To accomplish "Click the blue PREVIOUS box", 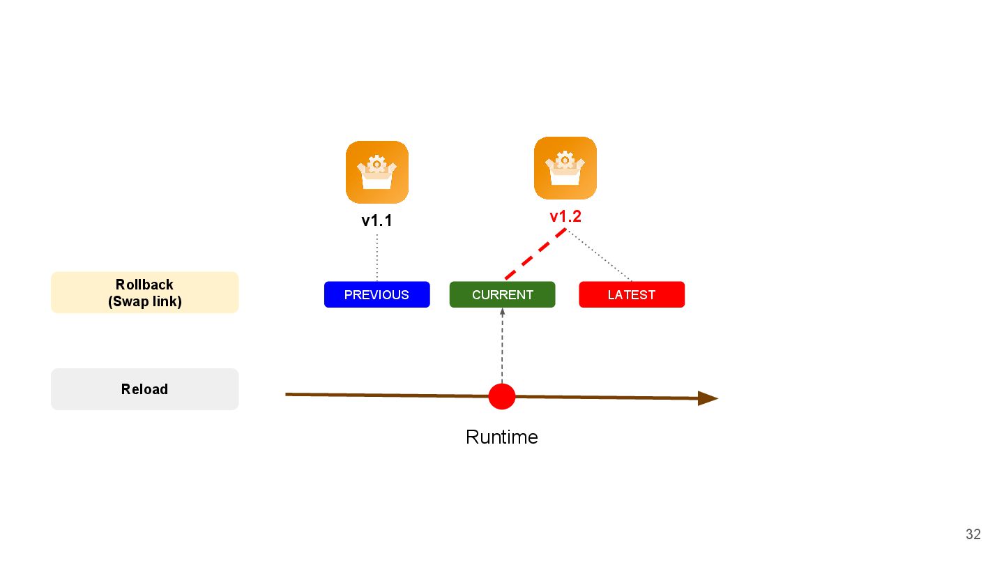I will pos(376,294).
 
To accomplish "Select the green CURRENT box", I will pos(502,294).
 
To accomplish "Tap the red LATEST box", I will pos(632,294).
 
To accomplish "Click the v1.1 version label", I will pos(376,221).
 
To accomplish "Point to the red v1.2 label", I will pos(565,216).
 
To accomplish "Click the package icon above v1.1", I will pos(376,172).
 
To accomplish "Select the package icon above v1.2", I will pos(565,167).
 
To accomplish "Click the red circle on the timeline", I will pos(502,396).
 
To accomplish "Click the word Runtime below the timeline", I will pos(502,437).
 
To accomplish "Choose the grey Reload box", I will pos(145,389).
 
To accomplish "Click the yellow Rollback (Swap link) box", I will pos(145,292).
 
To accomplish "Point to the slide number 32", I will pos(973,534).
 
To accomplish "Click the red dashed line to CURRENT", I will pos(535,254).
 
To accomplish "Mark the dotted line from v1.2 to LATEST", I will pos(600,256).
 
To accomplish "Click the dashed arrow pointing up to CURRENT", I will pos(502,345).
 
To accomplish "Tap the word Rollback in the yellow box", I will pos(145,285).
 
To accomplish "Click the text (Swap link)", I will pos(145,301).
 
